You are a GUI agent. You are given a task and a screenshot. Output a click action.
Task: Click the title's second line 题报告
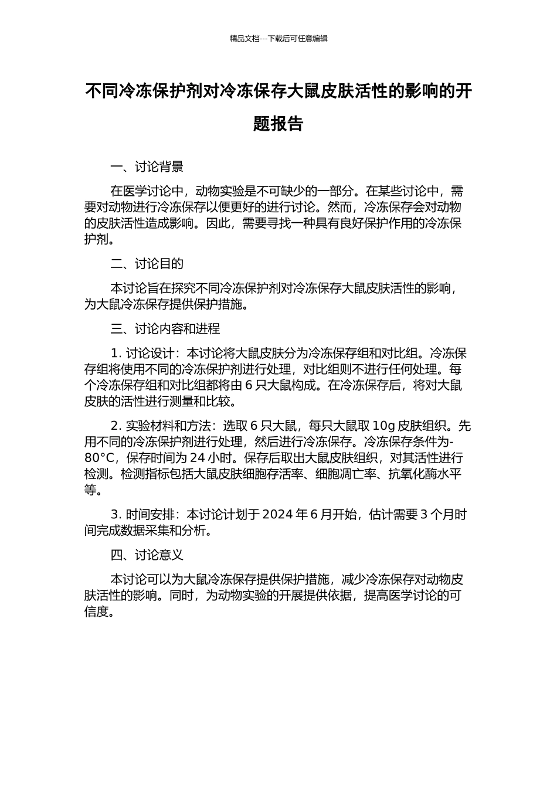pos(278,124)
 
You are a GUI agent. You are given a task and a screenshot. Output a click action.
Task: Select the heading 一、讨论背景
pos(147,167)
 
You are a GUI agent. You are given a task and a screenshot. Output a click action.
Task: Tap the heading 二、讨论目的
pos(147,264)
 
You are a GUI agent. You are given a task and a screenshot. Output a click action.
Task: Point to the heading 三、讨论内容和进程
pos(165,328)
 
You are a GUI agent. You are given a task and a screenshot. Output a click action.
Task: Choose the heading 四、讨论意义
pos(147,555)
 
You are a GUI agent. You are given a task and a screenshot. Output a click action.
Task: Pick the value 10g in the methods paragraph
pos(383,426)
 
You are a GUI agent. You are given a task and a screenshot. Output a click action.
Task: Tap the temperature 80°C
pos(99,458)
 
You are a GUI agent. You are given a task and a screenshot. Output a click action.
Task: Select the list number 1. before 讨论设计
pos(116,354)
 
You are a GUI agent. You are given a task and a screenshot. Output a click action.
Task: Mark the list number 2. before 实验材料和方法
pos(116,426)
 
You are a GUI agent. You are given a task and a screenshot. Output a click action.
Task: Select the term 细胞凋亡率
pos(345,474)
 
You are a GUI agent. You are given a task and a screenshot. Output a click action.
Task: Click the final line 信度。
pos(98,612)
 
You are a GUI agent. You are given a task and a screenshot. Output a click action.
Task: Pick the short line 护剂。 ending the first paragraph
pos(98,239)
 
